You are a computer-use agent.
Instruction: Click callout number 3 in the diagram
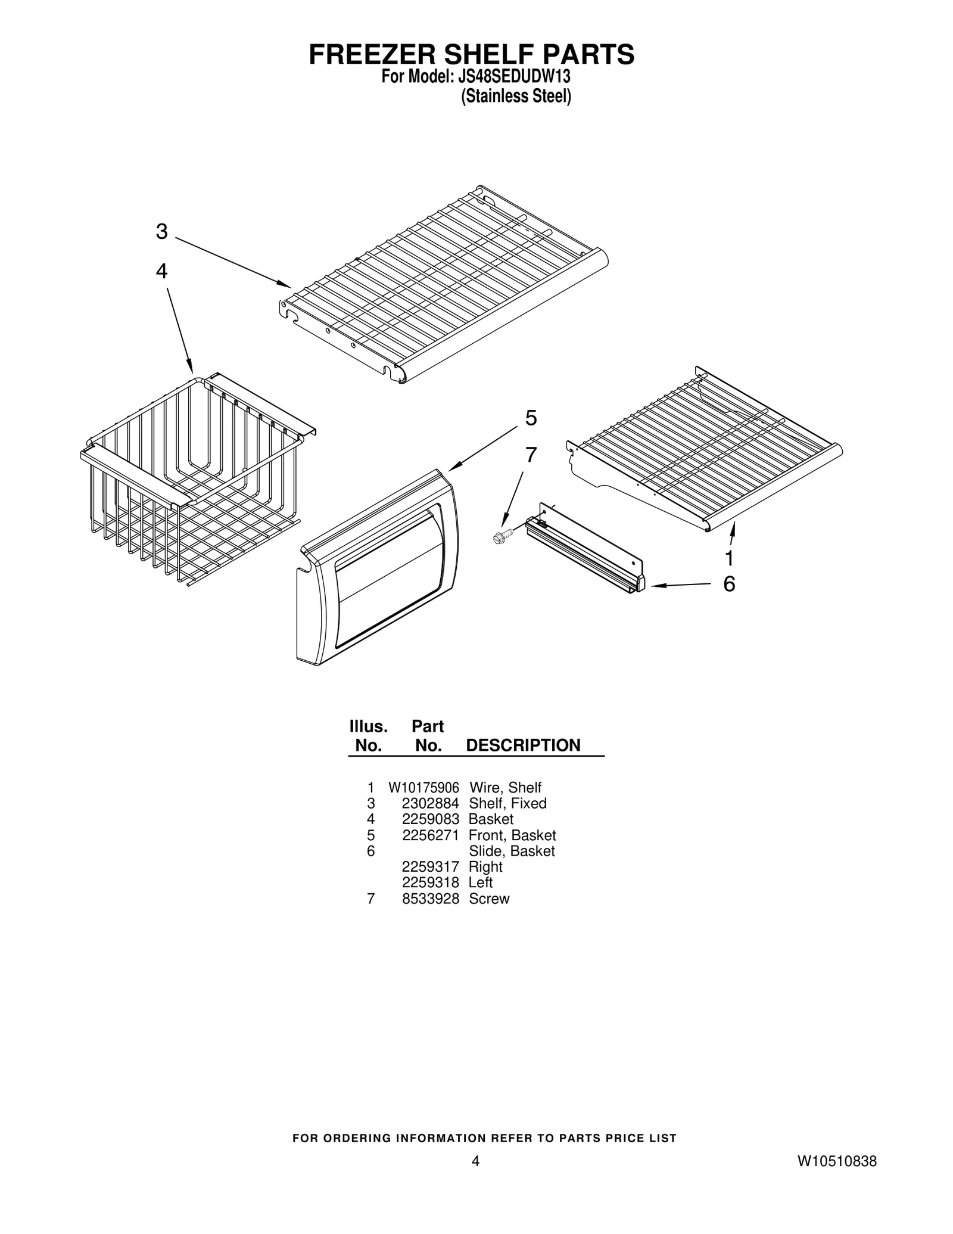click(161, 231)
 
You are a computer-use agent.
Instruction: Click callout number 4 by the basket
click(161, 271)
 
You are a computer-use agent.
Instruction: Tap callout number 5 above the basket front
click(531, 418)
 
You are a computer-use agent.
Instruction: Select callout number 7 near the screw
click(531, 455)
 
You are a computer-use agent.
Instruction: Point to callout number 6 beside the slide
click(729, 584)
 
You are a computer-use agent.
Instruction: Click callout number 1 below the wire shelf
click(729, 558)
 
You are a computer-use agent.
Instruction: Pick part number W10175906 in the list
click(423, 788)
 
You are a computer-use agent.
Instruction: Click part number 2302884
click(430, 804)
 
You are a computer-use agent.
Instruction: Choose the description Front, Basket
click(512, 835)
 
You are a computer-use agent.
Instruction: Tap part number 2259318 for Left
click(430, 883)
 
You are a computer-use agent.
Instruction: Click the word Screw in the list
click(488, 899)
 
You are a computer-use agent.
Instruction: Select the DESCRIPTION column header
click(522, 745)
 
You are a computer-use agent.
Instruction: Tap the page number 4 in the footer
click(475, 1161)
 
